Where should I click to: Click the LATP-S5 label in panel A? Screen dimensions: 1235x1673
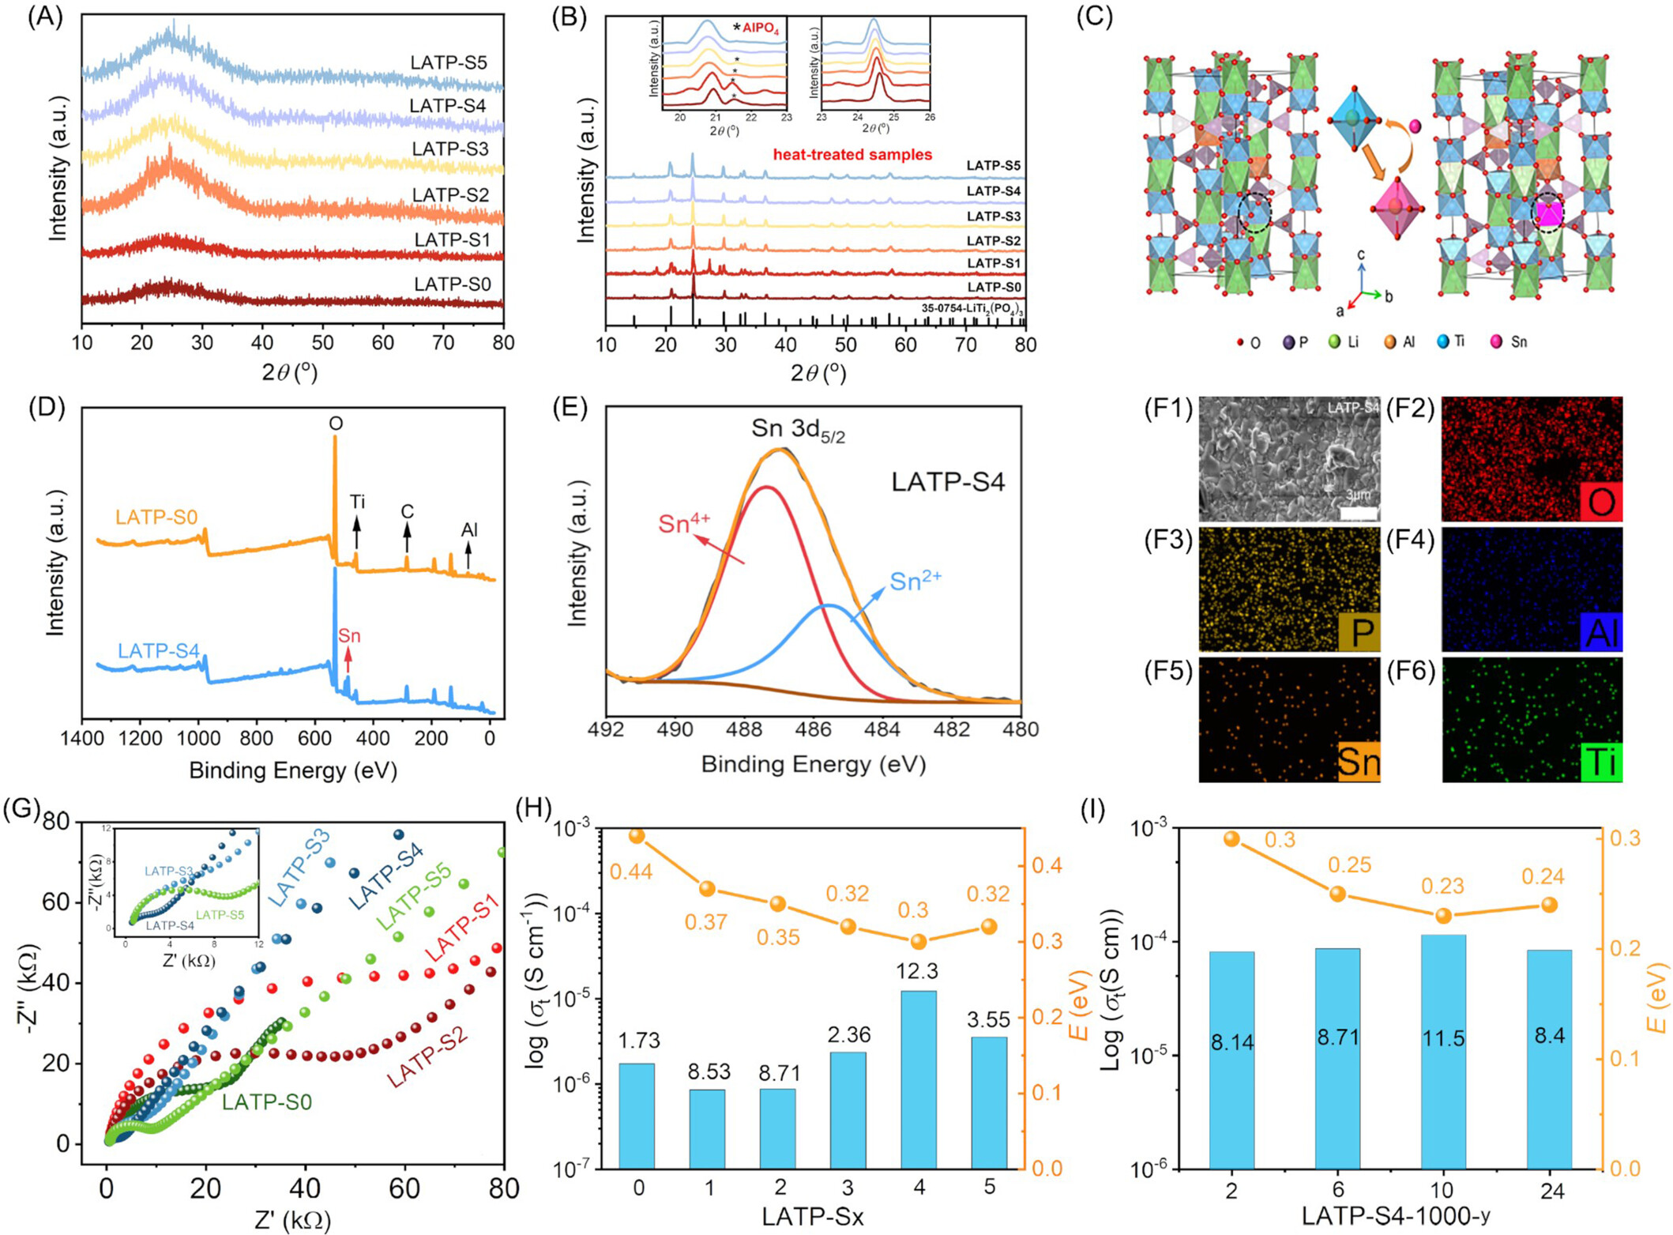[448, 63]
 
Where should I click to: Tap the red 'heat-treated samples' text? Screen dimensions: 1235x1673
[852, 155]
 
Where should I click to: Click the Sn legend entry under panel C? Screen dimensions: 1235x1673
[1509, 342]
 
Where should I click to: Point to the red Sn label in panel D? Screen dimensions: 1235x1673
[349, 636]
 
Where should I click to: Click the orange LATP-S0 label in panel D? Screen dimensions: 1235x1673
[156, 518]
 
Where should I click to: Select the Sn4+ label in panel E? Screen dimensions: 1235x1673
[685, 523]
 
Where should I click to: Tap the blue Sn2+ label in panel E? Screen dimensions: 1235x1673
[915, 582]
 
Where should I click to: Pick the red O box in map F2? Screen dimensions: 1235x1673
[1600, 502]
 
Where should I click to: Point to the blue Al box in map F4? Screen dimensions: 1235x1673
[1600, 632]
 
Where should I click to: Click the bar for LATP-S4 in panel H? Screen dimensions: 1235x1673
[919, 1079]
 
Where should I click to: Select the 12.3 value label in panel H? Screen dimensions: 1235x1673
[918, 972]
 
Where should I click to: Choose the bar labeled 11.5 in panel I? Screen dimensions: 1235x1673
[1443, 1051]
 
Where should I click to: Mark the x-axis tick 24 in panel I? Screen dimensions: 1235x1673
[1552, 1191]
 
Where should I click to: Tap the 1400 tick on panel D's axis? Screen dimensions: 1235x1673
[81, 740]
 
